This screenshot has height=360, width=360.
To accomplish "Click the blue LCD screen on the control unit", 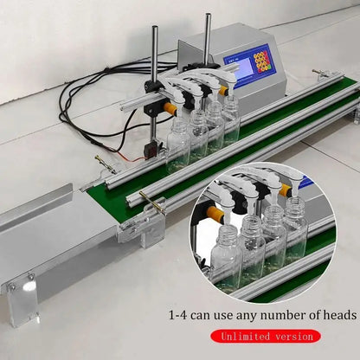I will tap(237, 58).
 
